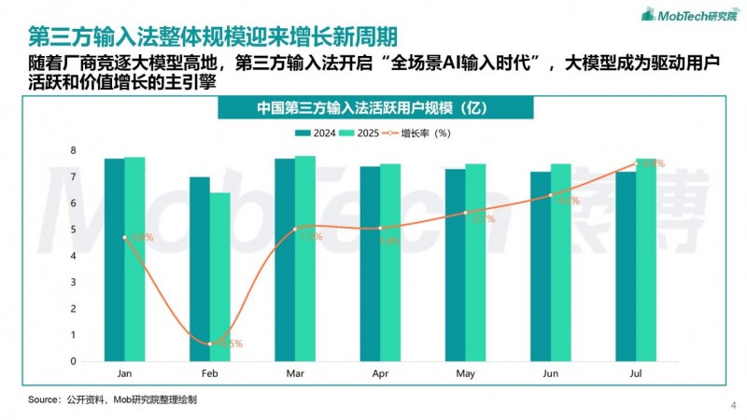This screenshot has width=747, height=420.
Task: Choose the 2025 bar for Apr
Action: (x=390, y=262)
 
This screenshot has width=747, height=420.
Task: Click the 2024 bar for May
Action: (x=456, y=265)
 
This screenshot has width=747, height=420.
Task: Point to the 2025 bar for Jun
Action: (x=561, y=262)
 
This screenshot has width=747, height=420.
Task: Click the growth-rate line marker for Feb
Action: (x=209, y=343)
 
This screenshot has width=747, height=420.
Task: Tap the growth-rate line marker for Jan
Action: (x=124, y=237)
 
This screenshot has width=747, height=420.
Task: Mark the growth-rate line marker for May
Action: (x=466, y=213)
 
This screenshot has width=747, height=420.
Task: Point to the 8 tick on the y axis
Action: (x=73, y=150)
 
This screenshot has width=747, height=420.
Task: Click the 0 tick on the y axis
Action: (x=73, y=361)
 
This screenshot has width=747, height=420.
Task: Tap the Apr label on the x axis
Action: (x=380, y=371)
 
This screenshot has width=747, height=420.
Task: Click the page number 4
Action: (x=731, y=406)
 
